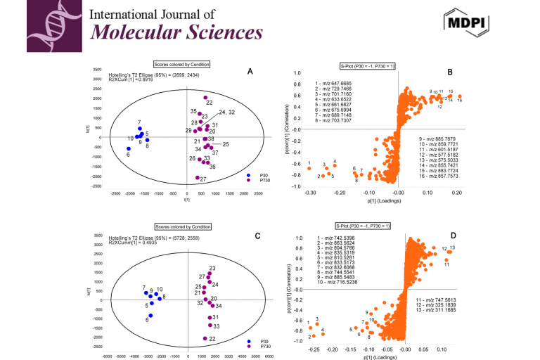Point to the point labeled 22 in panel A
pyautogui.click(x=205, y=98)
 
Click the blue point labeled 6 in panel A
pyautogui.click(x=129, y=149)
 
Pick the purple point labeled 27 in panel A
pyautogui.click(x=198, y=178)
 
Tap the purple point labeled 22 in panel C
pyautogui.click(x=205, y=338)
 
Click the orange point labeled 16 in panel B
pyautogui.click(x=459, y=96)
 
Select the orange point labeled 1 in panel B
pyautogui.click(x=309, y=169)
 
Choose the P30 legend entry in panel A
pyautogui.click(x=255, y=175)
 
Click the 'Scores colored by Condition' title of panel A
pyautogui.click(x=182, y=64)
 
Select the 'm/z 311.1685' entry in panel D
pyautogui.click(x=439, y=309)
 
